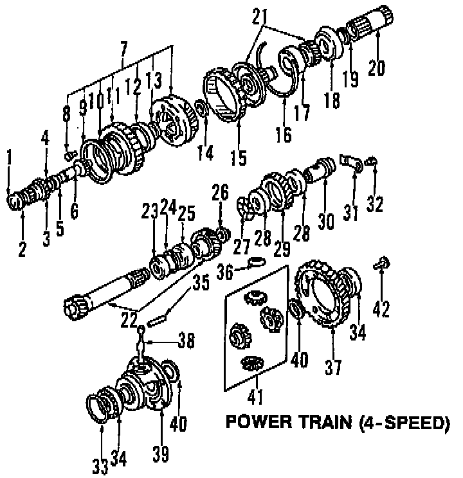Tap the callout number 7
tap(123, 47)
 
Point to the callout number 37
tap(333, 367)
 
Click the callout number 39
tap(161, 454)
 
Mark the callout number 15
tap(239, 157)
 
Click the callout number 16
tap(283, 134)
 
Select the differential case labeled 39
tap(145, 385)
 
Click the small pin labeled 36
tap(257, 260)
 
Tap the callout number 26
tap(221, 191)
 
